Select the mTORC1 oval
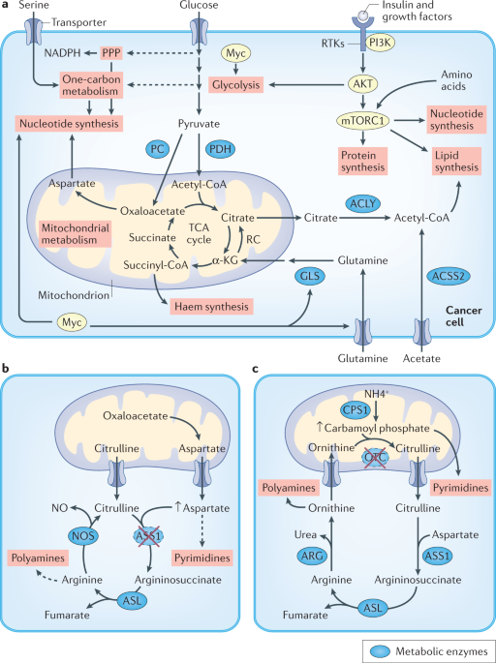(x=362, y=121)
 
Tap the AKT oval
(x=363, y=83)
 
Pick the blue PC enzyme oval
(x=158, y=149)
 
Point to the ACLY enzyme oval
(x=363, y=204)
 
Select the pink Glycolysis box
(x=235, y=84)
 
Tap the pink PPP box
(x=111, y=53)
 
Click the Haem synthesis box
(x=211, y=306)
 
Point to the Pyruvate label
(x=199, y=124)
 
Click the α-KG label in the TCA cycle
(x=223, y=261)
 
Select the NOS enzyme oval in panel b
(x=83, y=536)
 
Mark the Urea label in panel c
(x=305, y=535)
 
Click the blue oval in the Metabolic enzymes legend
(x=379, y=650)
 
